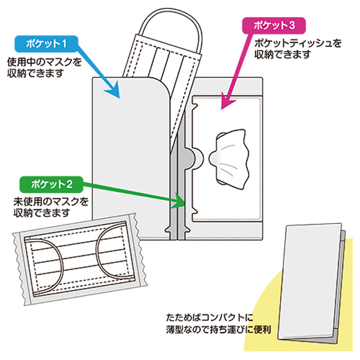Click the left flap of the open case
(x=126, y=156)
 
